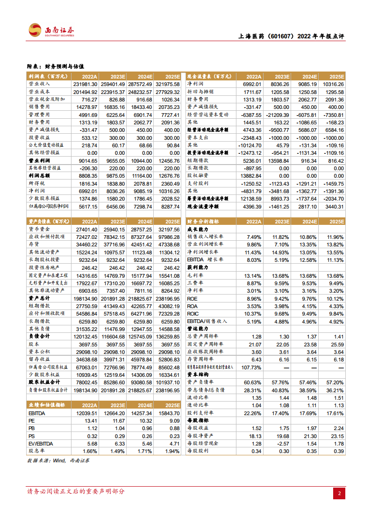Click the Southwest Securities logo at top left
click(x=51, y=31)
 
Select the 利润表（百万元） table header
click(x=46, y=77)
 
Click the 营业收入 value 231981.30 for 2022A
click(x=85, y=84)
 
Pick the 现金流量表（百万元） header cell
click(x=208, y=77)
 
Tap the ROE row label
click(x=193, y=298)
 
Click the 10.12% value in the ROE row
click(x=335, y=298)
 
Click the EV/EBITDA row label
click(x=41, y=444)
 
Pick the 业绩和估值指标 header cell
click(x=47, y=405)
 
